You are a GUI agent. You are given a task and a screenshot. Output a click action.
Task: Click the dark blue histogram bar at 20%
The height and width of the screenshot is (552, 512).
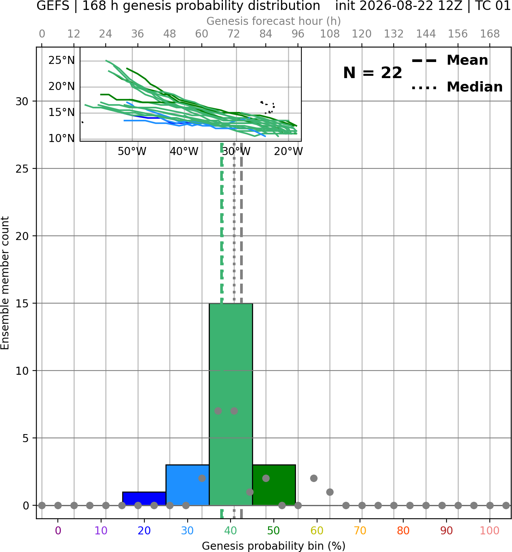pos(144,498)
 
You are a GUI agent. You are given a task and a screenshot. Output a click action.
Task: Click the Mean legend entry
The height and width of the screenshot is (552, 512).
pos(450,60)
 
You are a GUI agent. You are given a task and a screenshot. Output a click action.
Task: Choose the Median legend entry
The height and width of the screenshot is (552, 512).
pos(457,87)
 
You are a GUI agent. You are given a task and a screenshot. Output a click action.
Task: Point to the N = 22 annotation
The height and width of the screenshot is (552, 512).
pos(372,73)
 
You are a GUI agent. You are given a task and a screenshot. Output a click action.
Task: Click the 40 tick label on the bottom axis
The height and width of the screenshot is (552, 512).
pos(231,531)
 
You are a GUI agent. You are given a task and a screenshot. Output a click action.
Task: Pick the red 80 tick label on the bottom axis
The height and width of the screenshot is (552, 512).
pos(403,531)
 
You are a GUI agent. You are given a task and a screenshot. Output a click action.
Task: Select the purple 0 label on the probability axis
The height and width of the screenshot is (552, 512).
pos(58,531)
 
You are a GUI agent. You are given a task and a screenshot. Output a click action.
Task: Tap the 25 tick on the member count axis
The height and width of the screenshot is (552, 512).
pos(22,169)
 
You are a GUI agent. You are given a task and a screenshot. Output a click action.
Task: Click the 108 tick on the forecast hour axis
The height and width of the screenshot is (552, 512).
pos(330,34)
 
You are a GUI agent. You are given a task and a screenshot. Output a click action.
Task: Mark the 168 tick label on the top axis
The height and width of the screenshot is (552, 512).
pos(490,34)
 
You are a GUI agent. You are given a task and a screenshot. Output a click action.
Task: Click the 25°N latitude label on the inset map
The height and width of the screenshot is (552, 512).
pos(61,60)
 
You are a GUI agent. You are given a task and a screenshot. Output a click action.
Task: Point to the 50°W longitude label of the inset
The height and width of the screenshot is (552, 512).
pos(132,152)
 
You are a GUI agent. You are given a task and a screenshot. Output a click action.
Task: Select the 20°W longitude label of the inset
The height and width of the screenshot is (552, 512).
pos(288,152)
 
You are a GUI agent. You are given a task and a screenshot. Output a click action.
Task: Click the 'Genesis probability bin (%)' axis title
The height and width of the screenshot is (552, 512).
pos(274,546)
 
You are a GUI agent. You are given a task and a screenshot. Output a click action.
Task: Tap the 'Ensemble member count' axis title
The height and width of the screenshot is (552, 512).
pos(5,283)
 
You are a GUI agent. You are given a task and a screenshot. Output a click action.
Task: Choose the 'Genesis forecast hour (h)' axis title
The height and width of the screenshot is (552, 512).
pos(274,21)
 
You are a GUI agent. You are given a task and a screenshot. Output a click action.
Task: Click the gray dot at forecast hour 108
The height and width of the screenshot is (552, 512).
pos(330,492)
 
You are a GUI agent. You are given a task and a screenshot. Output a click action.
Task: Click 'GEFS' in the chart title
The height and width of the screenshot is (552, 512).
pos(53,6)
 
